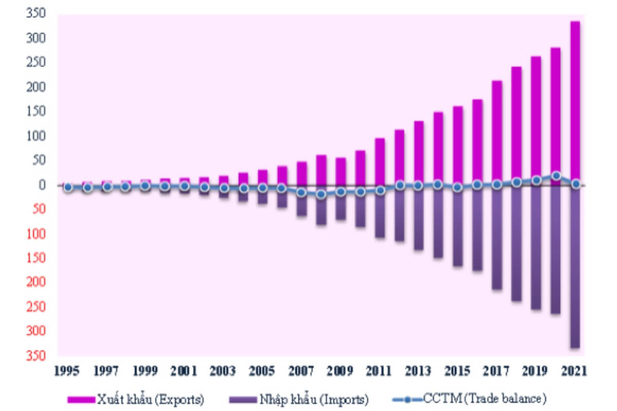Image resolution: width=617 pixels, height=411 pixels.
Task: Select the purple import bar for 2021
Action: point(575,267)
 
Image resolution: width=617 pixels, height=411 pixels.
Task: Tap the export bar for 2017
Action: point(497,133)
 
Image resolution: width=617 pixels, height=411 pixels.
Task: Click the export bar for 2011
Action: point(380,162)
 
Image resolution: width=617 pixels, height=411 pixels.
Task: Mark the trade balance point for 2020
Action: point(556,176)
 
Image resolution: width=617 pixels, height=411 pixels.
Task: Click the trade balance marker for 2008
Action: point(321,194)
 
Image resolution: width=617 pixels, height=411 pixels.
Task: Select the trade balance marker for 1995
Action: point(68,188)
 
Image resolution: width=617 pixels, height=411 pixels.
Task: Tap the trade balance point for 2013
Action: point(418,186)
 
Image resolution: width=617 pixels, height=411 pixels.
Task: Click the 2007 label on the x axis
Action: point(301,371)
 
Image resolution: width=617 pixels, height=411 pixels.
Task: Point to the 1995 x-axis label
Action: point(67,371)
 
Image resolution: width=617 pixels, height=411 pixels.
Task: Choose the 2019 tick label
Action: point(535,371)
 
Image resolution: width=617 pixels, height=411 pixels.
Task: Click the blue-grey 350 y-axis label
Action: point(36,13)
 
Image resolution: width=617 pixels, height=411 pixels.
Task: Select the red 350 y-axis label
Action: point(36,356)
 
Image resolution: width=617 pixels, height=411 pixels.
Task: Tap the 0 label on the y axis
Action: point(42,185)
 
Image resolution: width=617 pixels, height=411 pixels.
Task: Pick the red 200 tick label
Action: point(36,282)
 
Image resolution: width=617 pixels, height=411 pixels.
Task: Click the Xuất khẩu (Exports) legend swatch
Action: point(81,400)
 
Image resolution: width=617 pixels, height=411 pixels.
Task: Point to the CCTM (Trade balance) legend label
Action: point(485,399)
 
